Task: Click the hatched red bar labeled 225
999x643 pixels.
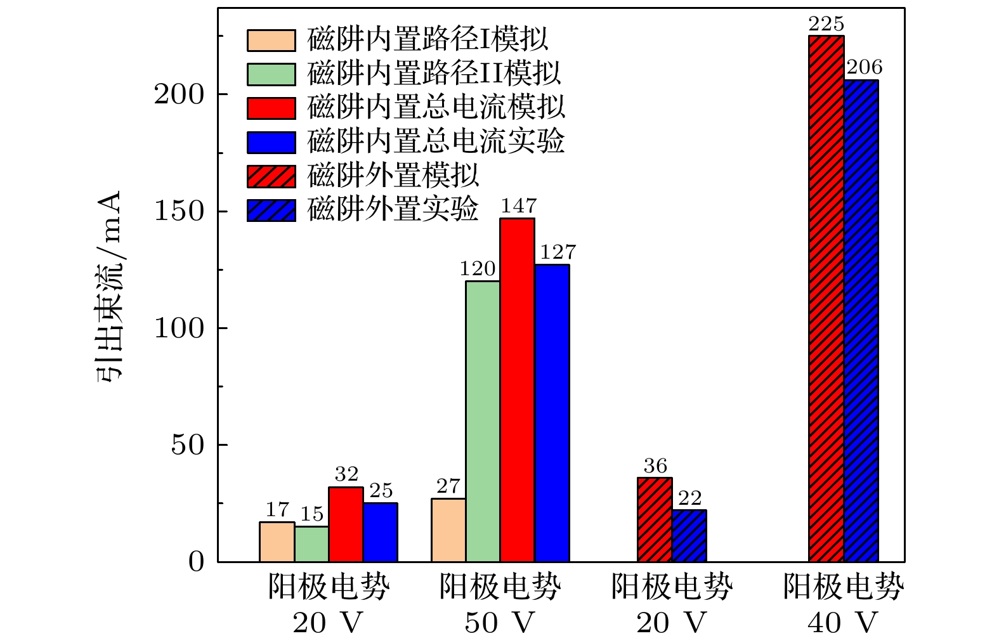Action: (x=826, y=298)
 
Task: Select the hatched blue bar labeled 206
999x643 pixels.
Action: (x=861, y=320)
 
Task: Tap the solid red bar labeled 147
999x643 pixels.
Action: (x=517, y=389)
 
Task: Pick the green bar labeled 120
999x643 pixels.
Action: (x=483, y=421)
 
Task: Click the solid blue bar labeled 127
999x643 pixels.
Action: (x=552, y=413)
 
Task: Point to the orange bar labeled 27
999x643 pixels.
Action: (x=448, y=530)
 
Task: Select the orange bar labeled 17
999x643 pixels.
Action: (x=277, y=542)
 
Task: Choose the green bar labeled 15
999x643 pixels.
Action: (x=311, y=544)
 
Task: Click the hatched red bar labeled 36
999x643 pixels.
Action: (x=655, y=519)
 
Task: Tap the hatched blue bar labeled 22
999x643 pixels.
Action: (x=689, y=536)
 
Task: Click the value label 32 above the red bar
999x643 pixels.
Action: (x=346, y=474)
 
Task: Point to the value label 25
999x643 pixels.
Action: (x=381, y=490)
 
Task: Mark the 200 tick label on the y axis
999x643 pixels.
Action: (x=180, y=94)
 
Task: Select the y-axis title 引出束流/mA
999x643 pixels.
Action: (x=108, y=285)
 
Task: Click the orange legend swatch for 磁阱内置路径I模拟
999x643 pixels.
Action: (x=271, y=40)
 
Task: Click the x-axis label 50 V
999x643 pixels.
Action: (x=499, y=623)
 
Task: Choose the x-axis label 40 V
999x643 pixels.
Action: (x=842, y=623)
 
